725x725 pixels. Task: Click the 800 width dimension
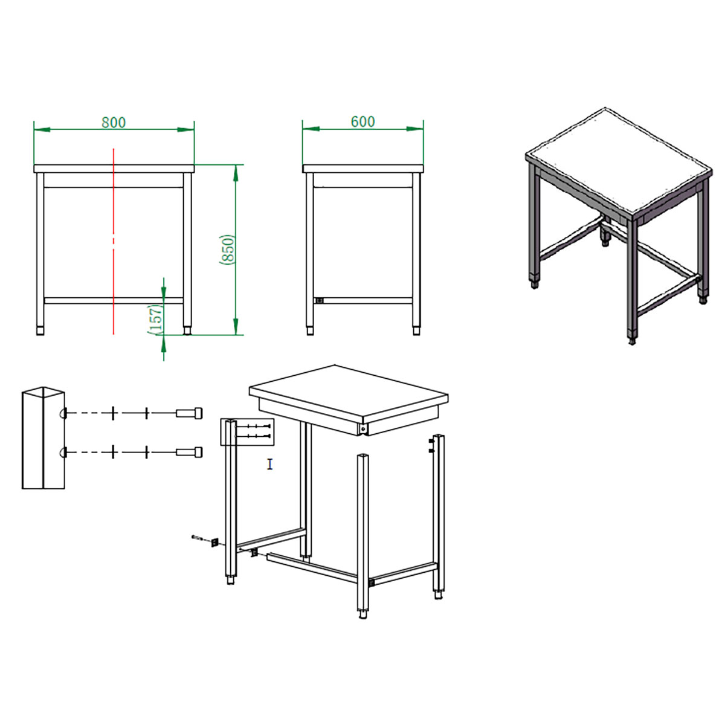click(x=114, y=122)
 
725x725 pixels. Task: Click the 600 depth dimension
click(x=362, y=121)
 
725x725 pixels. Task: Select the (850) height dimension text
click(x=227, y=250)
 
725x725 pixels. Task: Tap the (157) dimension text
click(x=156, y=320)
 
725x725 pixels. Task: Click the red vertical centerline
click(x=114, y=241)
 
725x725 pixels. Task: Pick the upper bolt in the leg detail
click(x=189, y=413)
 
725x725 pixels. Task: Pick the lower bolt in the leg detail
click(x=189, y=452)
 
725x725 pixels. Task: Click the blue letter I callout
click(x=269, y=464)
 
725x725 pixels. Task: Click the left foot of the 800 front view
click(x=40, y=330)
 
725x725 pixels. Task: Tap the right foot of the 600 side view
click(x=416, y=330)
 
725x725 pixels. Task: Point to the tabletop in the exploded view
click(x=349, y=393)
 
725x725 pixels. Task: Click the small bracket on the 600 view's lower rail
click(x=320, y=300)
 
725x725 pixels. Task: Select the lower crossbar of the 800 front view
click(x=114, y=300)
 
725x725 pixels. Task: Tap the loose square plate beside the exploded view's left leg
click(x=215, y=543)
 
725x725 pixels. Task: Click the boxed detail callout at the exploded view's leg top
click(x=247, y=432)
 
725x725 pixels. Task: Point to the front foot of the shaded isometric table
click(x=632, y=341)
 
